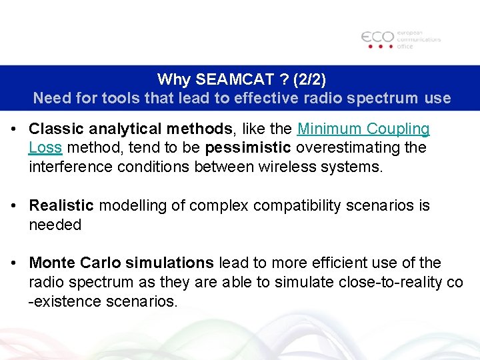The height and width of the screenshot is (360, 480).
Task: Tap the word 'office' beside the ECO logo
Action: [x=406, y=46]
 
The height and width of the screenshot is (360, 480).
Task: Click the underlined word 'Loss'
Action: [x=45, y=147]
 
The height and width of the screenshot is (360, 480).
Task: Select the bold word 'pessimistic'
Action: [x=248, y=147]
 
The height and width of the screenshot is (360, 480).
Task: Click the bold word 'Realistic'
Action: [x=62, y=206]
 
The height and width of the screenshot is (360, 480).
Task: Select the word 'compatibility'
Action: [x=299, y=206]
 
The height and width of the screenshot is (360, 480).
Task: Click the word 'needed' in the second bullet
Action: [x=55, y=225]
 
